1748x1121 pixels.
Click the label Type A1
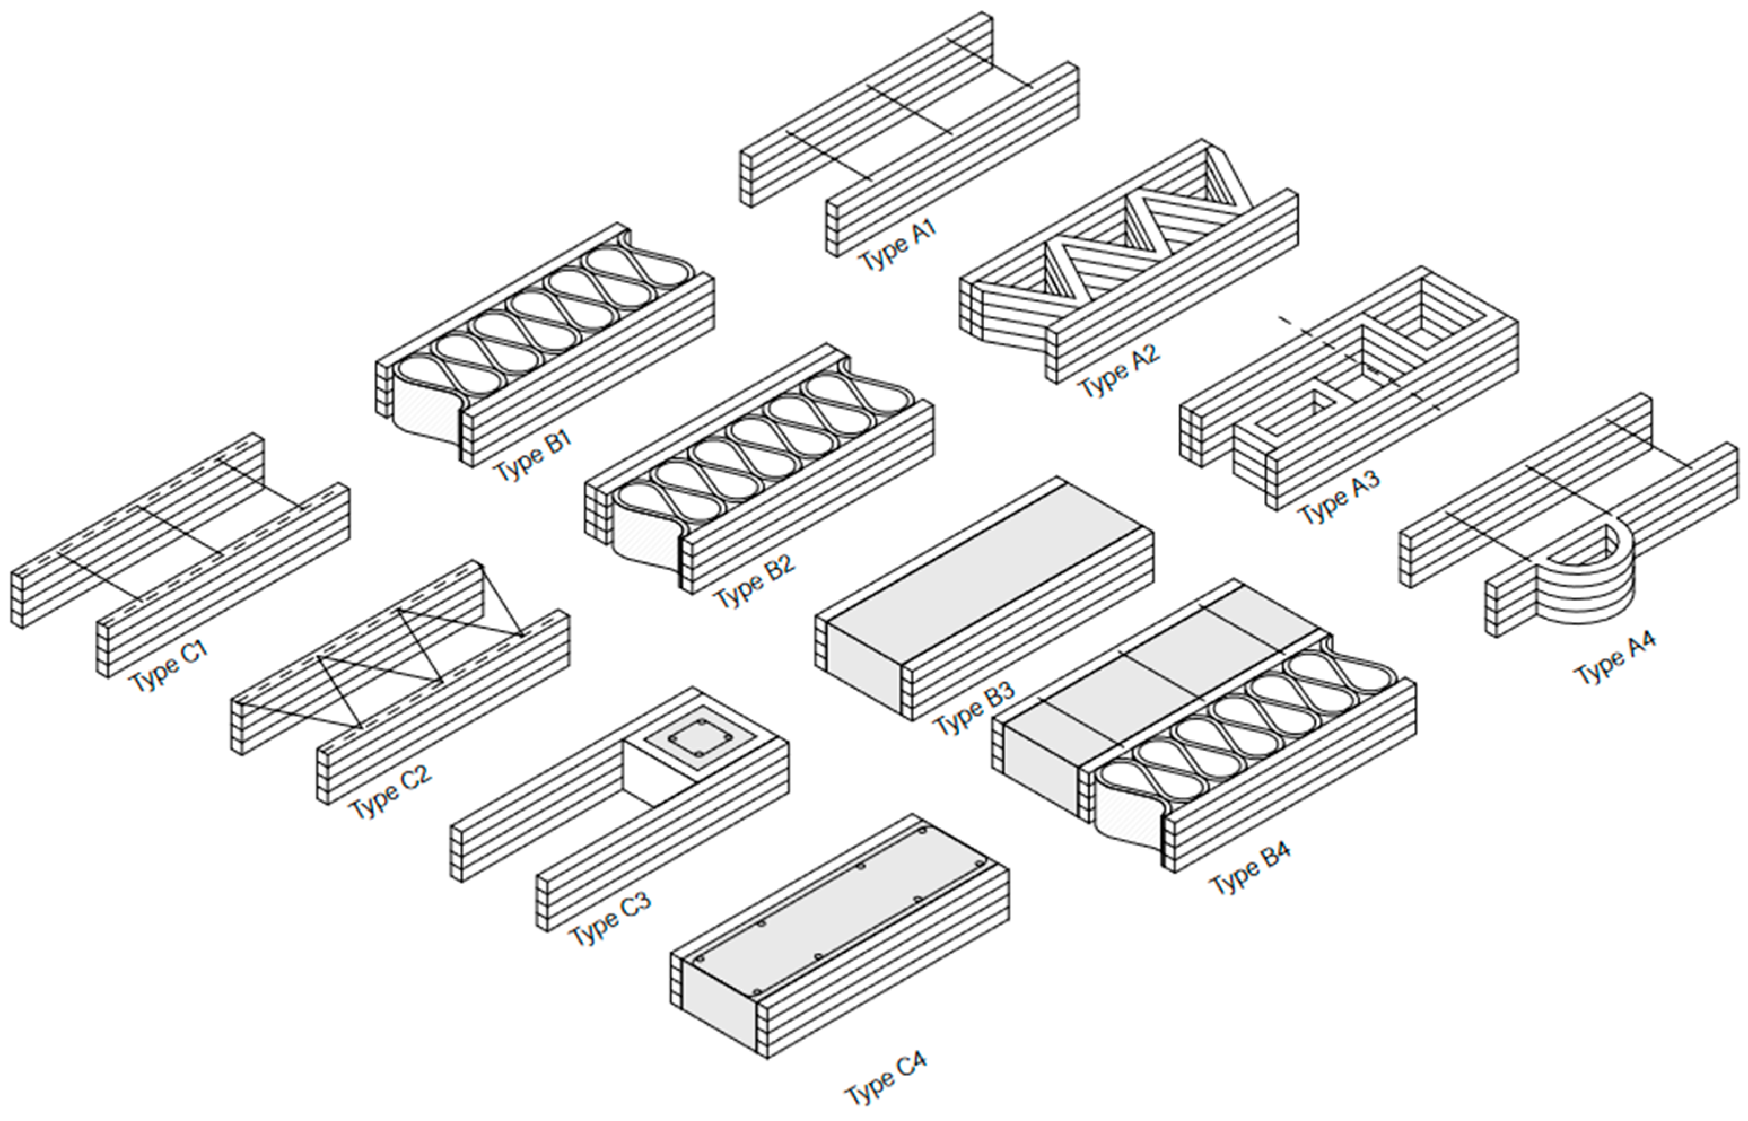click(x=897, y=246)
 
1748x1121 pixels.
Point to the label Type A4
click(x=1614, y=658)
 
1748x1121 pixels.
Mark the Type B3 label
click(x=973, y=708)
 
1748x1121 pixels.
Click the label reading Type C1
click(x=169, y=666)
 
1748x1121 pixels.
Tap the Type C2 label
click(x=390, y=792)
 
